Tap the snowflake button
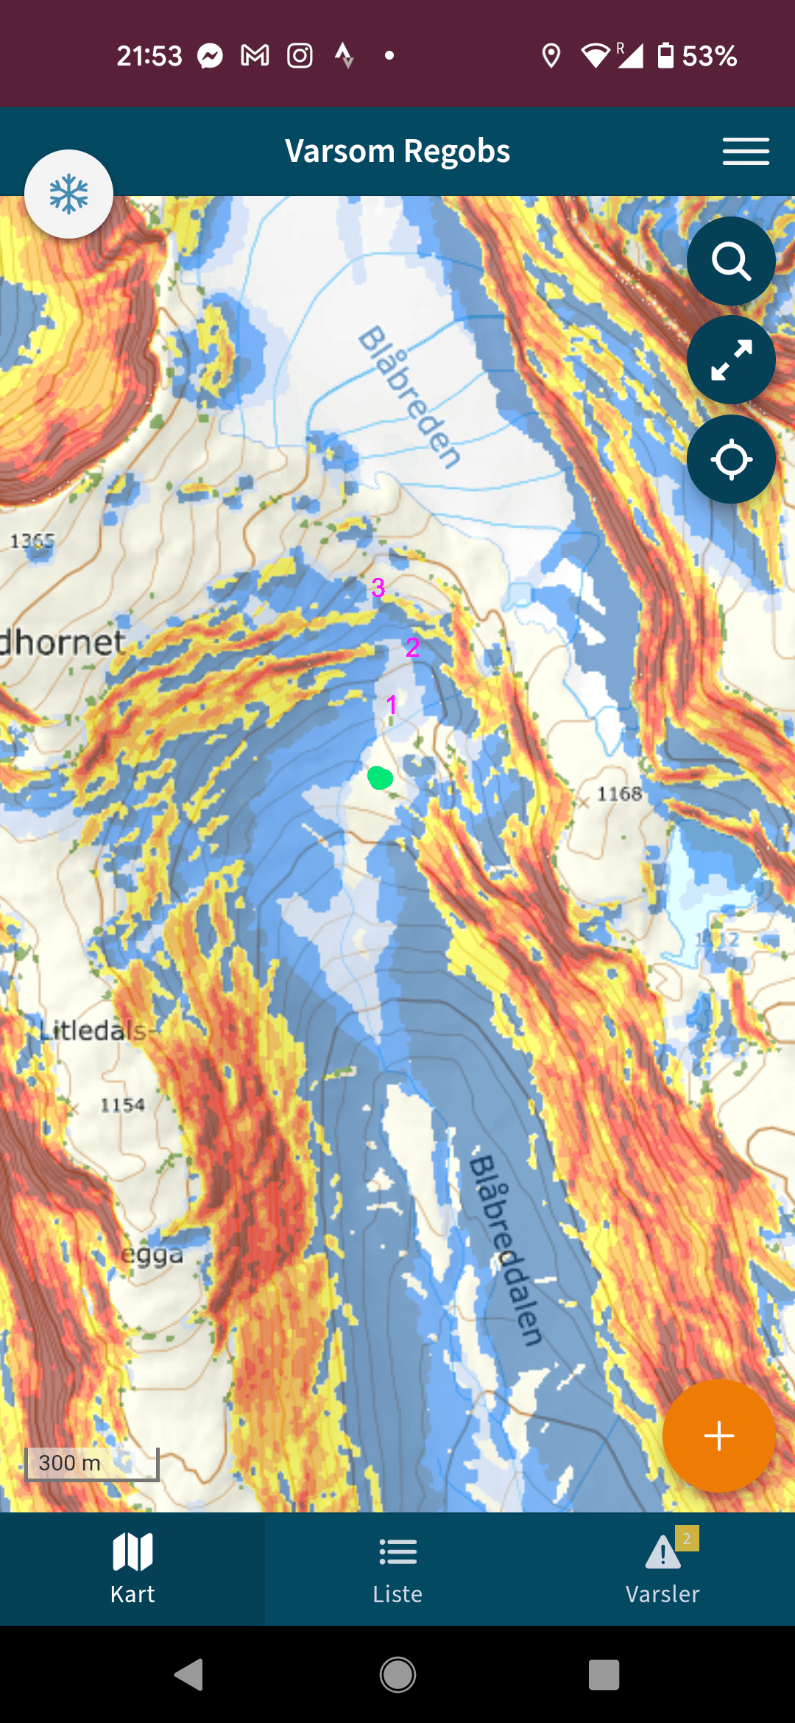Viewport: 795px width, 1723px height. [x=68, y=194]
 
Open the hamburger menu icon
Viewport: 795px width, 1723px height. [x=746, y=151]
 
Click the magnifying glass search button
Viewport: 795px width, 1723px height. [x=731, y=261]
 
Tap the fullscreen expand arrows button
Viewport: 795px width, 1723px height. [x=731, y=360]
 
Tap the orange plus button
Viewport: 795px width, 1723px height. [x=718, y=1436]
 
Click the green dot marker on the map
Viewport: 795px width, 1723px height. [x=380, y=778]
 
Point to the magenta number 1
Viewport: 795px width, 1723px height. [x=392, y=705]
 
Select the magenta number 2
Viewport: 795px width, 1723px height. [x=412, y=647]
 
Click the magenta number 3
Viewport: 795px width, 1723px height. [x=378, y=588]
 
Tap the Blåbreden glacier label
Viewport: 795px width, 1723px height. [x=409, y=396]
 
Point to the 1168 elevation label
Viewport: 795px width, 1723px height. [x=619, y=794]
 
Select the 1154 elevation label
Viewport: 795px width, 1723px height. [x=122, y=1105]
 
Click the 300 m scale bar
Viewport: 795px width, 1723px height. [x=91, y=1463]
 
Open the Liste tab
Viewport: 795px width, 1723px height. [x=397, y=1568]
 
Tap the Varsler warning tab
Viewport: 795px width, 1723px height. [x=662, y=1568]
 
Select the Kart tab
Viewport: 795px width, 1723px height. [x=132, y=1568]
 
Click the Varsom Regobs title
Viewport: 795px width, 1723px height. [x=397, y=151]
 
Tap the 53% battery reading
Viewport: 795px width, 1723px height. [x=709, y=56]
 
